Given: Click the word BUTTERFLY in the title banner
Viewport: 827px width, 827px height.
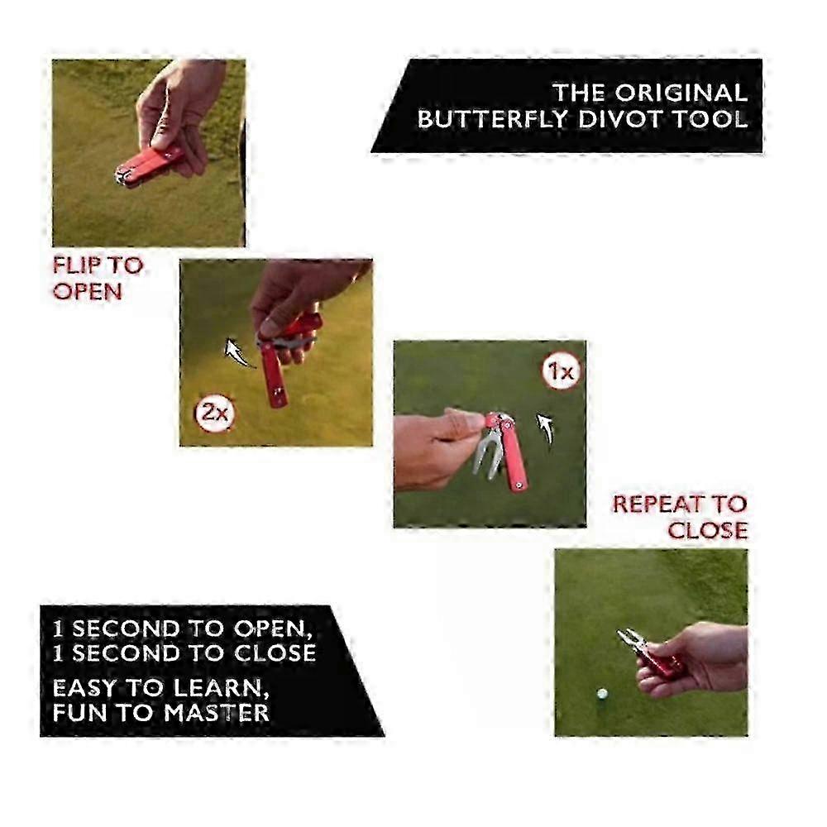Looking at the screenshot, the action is click(494, 119).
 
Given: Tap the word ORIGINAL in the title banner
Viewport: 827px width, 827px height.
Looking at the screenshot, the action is click(681, 93).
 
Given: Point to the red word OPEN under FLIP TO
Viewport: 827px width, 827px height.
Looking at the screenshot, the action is click(88, 291).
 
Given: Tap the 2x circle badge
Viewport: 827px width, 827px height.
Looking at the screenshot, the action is click(214, 413).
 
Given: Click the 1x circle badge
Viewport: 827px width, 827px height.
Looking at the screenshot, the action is click(562, 372).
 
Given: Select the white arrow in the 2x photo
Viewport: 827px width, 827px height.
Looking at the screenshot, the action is click(240, 352).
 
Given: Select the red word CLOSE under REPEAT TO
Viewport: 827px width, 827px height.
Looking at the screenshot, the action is click(708, 530).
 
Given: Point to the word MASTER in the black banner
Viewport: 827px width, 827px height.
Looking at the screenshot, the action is click(216, 713).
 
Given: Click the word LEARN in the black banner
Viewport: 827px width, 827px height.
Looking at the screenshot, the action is click(218, 688).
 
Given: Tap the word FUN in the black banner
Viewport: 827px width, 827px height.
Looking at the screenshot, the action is click(81, 713).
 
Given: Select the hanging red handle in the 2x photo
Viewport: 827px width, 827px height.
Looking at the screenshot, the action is click(274, 375).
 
